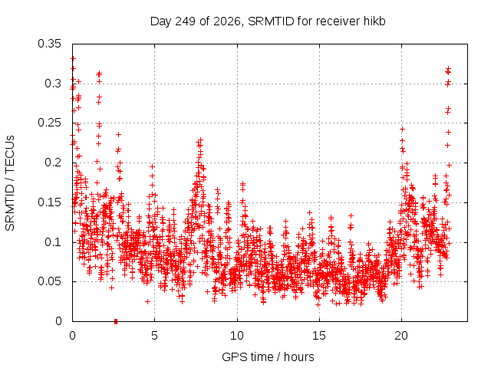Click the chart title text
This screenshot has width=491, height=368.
268,21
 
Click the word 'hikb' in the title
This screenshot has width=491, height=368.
374,21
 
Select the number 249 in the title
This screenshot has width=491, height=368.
186,21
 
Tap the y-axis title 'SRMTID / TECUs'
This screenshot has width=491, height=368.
10,183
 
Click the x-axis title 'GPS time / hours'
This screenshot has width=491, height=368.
268,356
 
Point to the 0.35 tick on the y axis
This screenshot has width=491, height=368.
49,44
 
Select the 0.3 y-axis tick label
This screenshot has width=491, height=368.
53,84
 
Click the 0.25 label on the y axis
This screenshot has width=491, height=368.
49,123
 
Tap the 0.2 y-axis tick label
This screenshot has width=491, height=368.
53,163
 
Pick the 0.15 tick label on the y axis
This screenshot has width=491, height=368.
49,202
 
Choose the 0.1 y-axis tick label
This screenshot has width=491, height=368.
53,242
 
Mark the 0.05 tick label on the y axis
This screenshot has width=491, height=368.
49,281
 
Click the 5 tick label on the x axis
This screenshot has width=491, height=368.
155,336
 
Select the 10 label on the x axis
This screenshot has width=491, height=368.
237,336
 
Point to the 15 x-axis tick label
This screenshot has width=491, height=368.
319,336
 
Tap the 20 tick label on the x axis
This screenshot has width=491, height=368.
401,336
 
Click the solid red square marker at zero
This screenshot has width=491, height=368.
116,321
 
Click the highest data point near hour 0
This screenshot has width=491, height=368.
73,58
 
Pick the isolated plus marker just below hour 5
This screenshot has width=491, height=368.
147,301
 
